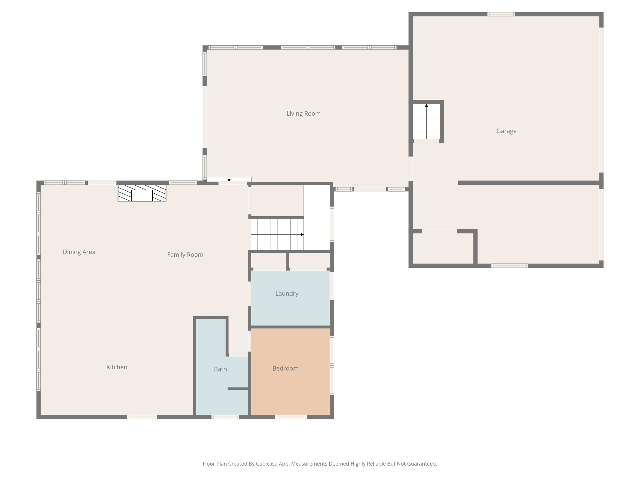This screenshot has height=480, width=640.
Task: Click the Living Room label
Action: pyautogui.click(x=303, y=113)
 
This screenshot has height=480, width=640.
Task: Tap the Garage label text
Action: pyautogui.click(x=506, y=131)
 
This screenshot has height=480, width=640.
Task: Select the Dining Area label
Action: pyautogui.click(x=79, y=252)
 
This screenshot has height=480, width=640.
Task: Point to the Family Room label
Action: pyautogui.click(x=185, y=255)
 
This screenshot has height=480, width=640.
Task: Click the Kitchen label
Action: pyautogui.click(x=117, y=367)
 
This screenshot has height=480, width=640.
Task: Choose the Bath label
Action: pyautogui.click(x=220, y=369)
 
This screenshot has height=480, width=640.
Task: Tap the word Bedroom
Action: pyautogui.click(x=285, y=368)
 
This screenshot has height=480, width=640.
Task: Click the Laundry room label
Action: pyautogui.click(x=287, y=293)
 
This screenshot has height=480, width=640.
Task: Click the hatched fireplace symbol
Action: pyautogui.click(x=142, y=193)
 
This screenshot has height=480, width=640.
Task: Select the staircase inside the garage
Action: pyautogui.click(x=426, y=122)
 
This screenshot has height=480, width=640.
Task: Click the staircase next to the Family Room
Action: pyautogui.click(x=277, y=234)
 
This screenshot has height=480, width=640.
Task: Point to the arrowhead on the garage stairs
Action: pyautogui.click(x=426, y=106)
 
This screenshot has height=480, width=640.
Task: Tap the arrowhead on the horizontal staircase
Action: pyautogui.click(x=302, y=234)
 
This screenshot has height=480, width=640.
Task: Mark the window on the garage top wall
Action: pyautogui.click(x=501, y=14)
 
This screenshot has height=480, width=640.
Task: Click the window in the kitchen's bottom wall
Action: pyautogui.click(x=142, y=417)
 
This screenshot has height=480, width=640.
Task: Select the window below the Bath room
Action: pyautogui.click(x=225, y=417)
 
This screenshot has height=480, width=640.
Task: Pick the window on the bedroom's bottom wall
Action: pyautogui.click(x=291, y=417)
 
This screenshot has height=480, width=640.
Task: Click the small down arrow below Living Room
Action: pyautogui.click(x=229, y=180)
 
